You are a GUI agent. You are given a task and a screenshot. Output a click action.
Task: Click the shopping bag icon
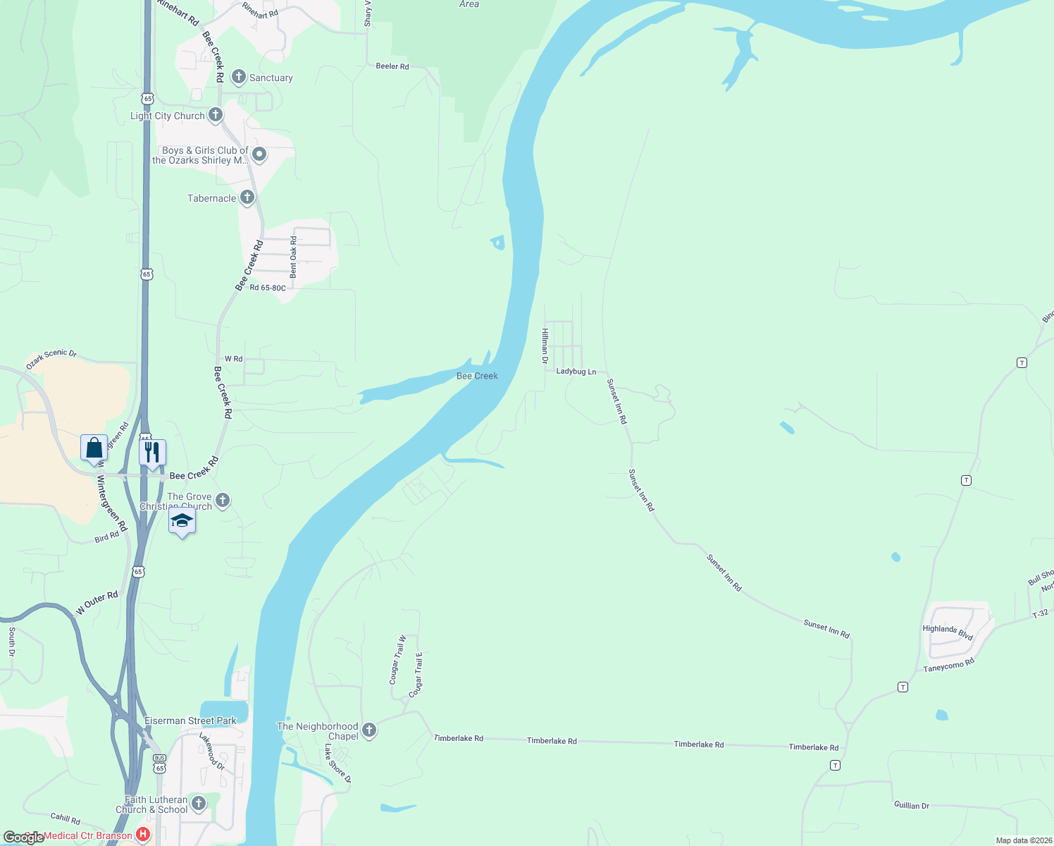coord(94,448)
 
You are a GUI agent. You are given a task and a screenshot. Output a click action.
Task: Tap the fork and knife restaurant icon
coord(152,452)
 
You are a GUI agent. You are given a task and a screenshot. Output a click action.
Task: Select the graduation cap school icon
coord(182,522)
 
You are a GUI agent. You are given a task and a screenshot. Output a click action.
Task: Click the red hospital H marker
coord(143,835)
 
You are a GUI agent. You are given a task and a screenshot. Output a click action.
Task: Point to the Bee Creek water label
coord(477,376)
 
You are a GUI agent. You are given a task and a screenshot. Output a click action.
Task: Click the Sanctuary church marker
coord(239,77)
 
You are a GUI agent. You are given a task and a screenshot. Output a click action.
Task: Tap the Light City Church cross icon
coord(216,114)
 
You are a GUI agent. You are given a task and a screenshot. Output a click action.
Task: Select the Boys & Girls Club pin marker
coord(259,154)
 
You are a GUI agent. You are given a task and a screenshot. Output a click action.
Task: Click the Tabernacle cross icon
coord(247,197)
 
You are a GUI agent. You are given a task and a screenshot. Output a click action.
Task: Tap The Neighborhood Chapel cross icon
coord(369,730)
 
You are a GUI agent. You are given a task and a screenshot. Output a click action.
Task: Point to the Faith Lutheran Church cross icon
coord(199,803)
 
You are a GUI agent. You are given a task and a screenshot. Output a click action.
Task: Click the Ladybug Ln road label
coord(576,372)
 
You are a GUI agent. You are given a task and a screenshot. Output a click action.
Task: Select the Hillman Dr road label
coord(545,346)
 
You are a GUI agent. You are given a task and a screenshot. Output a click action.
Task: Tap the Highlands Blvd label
coord(948,632)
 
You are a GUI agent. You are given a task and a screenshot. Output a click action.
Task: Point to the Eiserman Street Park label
coord(190,721)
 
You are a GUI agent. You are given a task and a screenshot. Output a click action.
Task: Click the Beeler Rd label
coord(392,66)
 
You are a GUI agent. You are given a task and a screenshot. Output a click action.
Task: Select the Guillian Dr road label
coord(912,805)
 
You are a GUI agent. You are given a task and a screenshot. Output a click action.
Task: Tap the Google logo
coord(23,838)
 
